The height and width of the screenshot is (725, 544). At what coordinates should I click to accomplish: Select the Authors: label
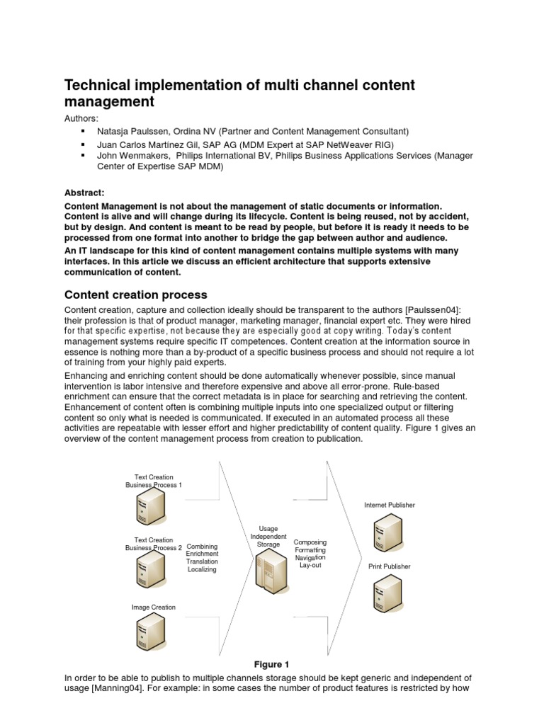coord(82,118)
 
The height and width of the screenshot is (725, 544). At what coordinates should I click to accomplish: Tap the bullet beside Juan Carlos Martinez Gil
coord(83,144)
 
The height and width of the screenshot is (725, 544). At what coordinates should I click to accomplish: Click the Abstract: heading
coord(84,192)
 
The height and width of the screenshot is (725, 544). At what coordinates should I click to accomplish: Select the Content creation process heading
coord(135,295)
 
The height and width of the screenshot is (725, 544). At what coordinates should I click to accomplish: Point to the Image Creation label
coord(154,607)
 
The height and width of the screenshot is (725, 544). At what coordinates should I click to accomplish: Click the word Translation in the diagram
coord(203,561)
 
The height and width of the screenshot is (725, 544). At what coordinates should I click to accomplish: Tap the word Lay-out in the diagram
coord(310,566)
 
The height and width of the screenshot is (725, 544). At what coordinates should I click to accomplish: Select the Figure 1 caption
coord(272,664)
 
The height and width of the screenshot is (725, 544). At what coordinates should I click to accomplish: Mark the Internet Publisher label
coord(390,506)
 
